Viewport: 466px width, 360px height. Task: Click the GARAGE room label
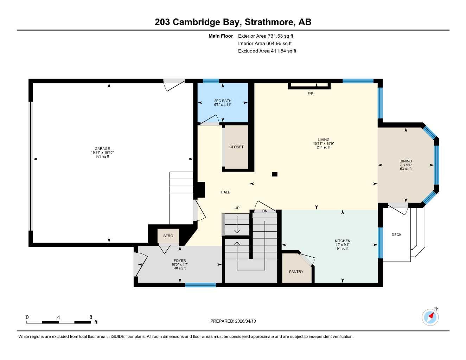pyautogui.click(x=102, y=149)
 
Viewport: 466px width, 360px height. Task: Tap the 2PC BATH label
pyautogui.click(x=223, y=101)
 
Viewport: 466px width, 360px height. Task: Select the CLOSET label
pyautogui.click(x=236, y=147)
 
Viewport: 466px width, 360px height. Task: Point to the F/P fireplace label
pyautogui.click(x=310, y=94)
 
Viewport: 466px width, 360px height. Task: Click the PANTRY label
pyautogui.click(x=296, y=272)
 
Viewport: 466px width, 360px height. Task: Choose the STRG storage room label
pyautogui.click(x=168, y=236)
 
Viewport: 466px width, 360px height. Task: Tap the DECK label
pyautogui.click(x=396, y=235)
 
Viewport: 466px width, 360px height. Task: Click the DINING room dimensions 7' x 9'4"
pyautogui.click(x=406, y=165)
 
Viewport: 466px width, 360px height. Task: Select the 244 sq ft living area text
pyautogui.click(x=324, y=147)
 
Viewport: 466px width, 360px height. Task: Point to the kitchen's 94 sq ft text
pyautogui.click(x=342, y=249)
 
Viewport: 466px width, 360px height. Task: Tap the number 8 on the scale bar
pyautogui.click(x=91, y=317)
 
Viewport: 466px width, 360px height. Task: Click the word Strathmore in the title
pyautogui.click(x=269, y=22)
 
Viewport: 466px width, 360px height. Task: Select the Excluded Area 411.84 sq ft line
pyautogui.click(x=267, y=51)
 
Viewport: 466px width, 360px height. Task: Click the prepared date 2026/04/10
pyautogui.click(x=245, y=321)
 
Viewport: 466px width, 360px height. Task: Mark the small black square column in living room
pyautogui.click(x=275, y=174)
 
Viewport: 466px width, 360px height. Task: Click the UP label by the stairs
pyautogui.click(x=237, y=208)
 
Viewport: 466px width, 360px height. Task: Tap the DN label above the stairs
pyautogui.click(x=265, y=211)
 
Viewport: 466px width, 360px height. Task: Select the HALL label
pyautogui.click(x=225, y=192)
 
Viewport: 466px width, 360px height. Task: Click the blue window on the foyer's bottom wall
pyautogui.click(x=200, y=285)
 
